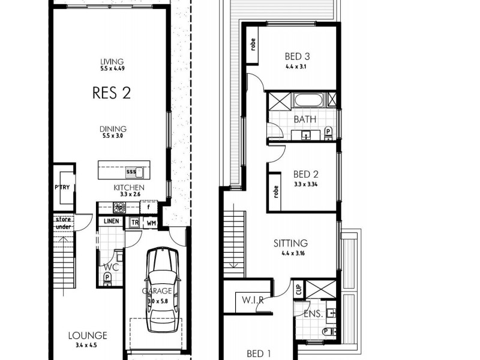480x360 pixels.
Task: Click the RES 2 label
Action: [x=112, y=92]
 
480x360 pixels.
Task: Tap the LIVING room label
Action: [x=112, y=61]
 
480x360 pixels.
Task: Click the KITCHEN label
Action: [x=129, y=187]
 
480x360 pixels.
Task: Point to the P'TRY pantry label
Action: [x=62, y=187]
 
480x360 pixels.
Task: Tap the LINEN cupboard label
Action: [x=111, y=221]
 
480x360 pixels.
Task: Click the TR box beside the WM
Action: [x=135, y=221]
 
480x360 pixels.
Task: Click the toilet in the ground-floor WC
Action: [x=107, y=278]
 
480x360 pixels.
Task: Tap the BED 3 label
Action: [x=296, y=58]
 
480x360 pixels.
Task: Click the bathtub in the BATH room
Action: [x=308, y=100]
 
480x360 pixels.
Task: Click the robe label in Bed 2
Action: [x=276, y=191]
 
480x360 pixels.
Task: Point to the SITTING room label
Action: [x=290, y=243]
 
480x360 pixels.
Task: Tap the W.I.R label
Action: [x=254, y=300]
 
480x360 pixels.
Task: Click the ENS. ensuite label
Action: [x=313, y=313]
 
